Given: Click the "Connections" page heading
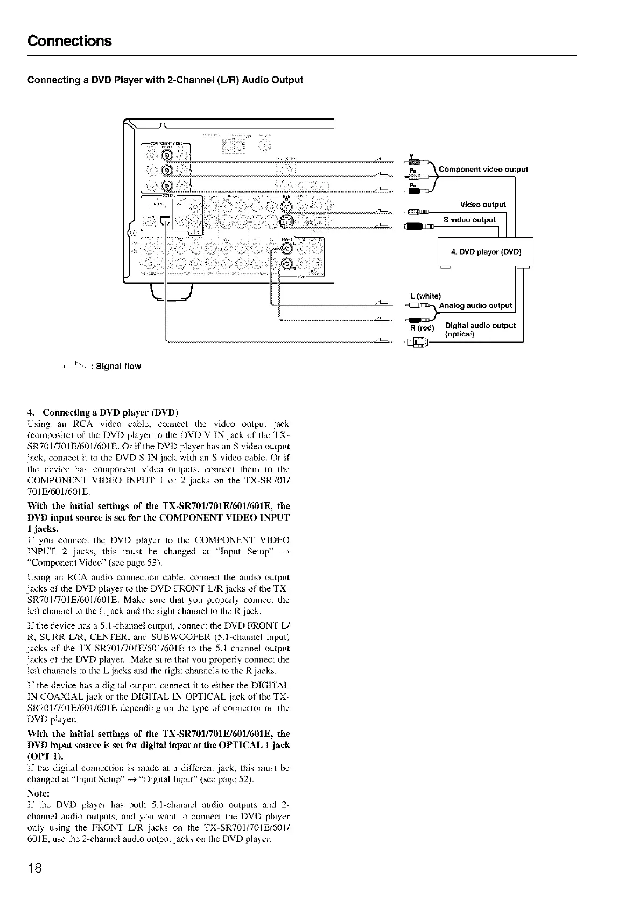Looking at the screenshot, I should tap(69, 41).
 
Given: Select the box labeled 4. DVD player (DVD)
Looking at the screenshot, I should tap(486, 252).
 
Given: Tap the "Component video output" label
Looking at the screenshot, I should tap(483, 169).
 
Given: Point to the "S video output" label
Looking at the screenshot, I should tap(469, 220).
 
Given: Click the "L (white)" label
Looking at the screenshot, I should tap(425, 296).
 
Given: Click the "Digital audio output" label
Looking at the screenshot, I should tap(480, 326).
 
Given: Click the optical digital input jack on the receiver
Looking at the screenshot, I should tap(165, 221).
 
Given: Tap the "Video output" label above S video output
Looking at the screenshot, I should tap(483, 205).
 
